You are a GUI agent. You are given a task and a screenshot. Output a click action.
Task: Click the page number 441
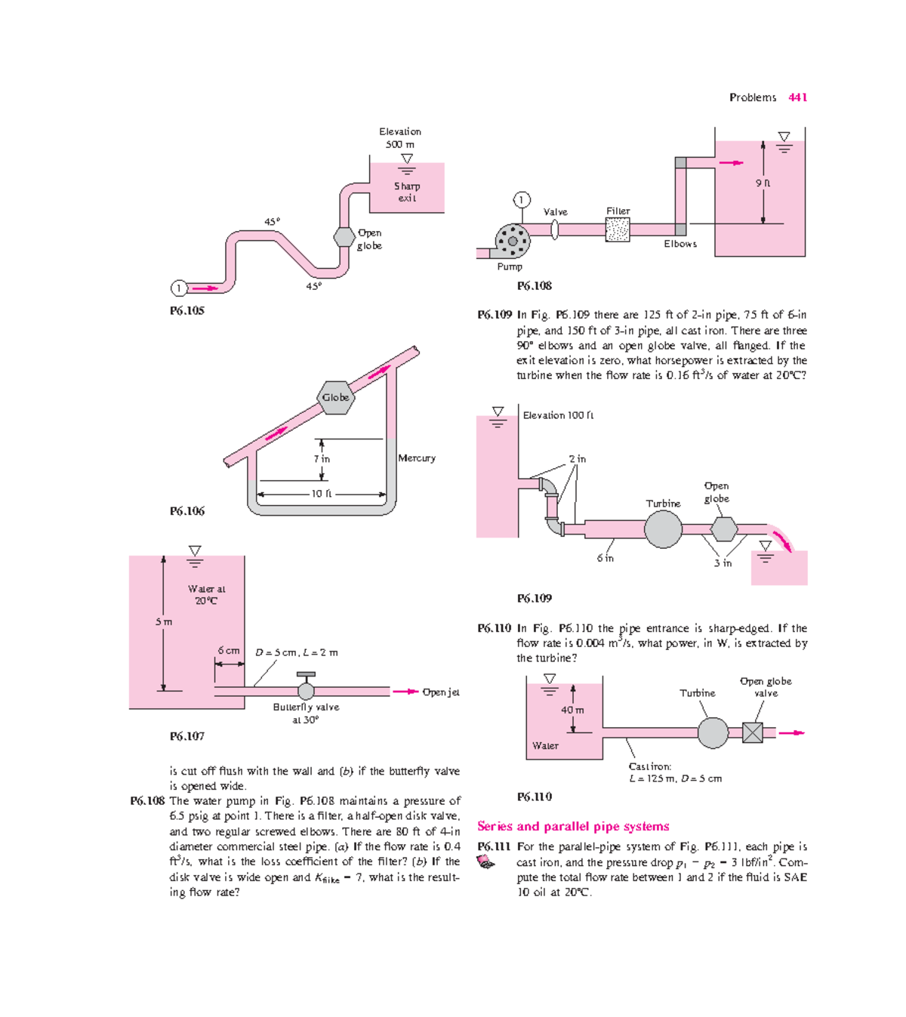tap(797, 97)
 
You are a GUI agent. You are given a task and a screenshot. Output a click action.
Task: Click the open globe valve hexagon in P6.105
tap(344, 237)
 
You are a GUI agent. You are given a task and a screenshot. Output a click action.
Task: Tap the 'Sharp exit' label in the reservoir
tap(407, 192)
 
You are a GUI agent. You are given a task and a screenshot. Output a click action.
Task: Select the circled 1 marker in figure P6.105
tap(178, 288)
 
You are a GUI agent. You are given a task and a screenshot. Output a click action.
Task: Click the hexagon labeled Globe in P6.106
tap(335, 398)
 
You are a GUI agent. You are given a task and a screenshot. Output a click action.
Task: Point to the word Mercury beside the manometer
tap(417, 458)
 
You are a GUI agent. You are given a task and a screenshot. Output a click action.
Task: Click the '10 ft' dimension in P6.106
tap(322, 494)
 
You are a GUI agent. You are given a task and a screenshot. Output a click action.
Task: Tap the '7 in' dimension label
tap(322, 458)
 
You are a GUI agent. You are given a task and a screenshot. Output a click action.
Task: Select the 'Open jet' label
tap(440, 692)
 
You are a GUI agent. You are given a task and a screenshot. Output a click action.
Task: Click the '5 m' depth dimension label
tap(164, 622)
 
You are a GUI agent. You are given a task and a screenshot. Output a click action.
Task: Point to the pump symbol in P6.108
tap(513, 242)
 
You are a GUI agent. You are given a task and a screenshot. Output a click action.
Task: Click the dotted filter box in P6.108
tap(618, 230)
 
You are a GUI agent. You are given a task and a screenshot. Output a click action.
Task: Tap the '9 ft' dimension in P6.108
tap(763, 183)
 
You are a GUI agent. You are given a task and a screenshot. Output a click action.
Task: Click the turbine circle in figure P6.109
tap(663, 529)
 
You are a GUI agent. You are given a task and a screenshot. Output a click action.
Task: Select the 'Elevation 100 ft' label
tap(558, 415)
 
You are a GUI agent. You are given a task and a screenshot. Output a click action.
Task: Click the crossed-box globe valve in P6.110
tap(753, 732)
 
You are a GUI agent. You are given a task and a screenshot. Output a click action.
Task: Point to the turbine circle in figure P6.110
tap(713, 732)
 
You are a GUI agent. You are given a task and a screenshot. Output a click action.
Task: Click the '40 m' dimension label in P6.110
tap(572, 710)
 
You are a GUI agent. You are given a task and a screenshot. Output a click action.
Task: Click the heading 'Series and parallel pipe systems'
tap(573, 826)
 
